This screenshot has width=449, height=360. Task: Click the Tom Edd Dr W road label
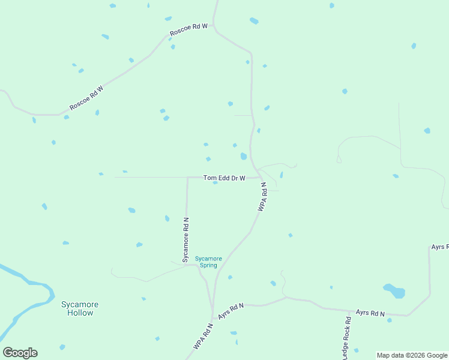pyautogui.click(x=224, y=178)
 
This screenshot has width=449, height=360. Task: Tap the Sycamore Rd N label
pyautogui.click(x=186, y=240)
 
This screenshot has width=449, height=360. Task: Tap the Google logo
pyautogui.click(x=20, y=353)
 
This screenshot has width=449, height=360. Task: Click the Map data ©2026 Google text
pyautogui.click(x=412, y=355)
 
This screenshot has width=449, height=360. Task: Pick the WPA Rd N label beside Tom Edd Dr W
pyautogui.click(x=262, y=197)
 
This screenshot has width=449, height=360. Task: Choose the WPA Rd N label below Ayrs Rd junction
pyautogui.click(x=203, y=337)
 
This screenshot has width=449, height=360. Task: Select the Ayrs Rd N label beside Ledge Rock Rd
pyautogui.click(x=370, y=313)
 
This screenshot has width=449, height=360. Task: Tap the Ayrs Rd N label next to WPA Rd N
pyautogui.click(x=231, y=310)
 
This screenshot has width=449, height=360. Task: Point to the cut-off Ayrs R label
pyautogui.click(x=439, y=247)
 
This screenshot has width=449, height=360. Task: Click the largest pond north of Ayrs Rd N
pyautogui.click(x=394, y=291)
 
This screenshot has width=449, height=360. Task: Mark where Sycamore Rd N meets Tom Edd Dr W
pyautogui.click(x=187, y=178)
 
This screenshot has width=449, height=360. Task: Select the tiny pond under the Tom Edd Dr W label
pyautogui.click(x=215, y=183)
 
